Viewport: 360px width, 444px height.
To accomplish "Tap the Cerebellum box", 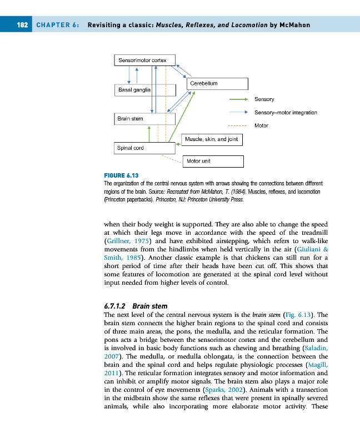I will click(x=216, y=83).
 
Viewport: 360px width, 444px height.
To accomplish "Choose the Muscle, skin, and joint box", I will click(x=212, y=139).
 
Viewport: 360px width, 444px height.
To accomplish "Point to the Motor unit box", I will click(x=213, y=162).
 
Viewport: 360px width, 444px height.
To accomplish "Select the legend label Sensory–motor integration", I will click(x=286, y=113).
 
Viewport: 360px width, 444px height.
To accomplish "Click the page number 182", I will click(x=22, y=25).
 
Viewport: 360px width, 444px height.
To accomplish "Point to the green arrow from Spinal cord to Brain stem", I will click(x=149, y=133).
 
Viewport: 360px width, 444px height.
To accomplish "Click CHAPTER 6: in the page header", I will click(x=57, y=25).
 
